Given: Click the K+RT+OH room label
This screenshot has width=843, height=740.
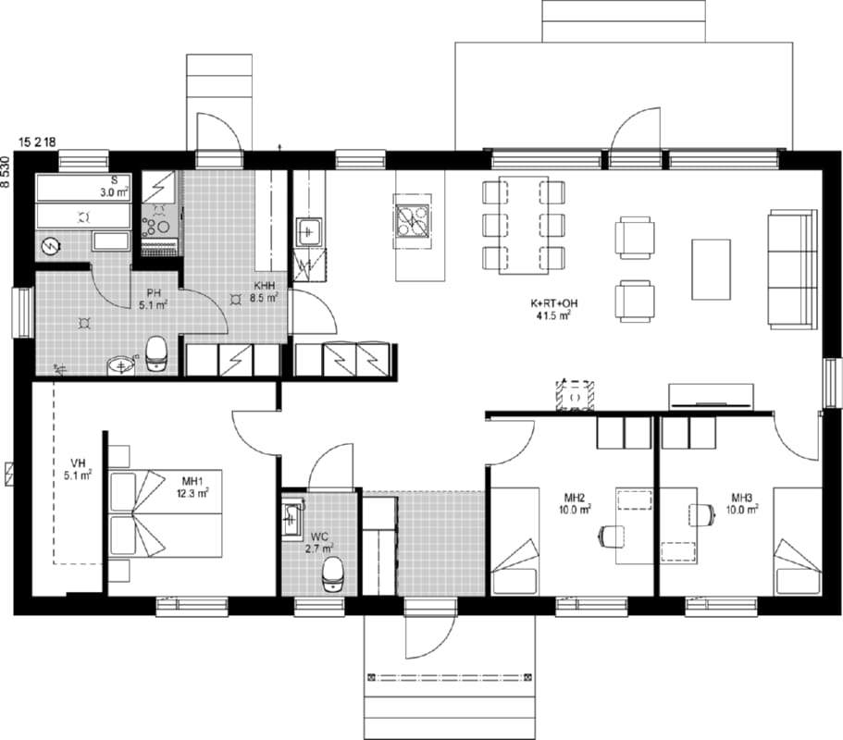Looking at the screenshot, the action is [x=553, y=303].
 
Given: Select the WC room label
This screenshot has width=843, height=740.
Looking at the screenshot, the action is [x=319, y=536].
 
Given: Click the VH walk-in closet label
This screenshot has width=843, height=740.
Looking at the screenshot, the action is [x=78, y=463].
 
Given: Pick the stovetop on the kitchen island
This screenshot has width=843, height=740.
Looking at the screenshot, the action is [x=413, y=221].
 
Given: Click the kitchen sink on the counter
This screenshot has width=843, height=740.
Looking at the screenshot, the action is [x=308, y=232].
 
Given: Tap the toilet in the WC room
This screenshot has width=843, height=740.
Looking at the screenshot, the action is [x=333, y=574].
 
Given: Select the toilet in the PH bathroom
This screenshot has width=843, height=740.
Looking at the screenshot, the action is [x=157, y=353].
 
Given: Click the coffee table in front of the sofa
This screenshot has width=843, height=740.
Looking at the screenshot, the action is [x=711, y=269].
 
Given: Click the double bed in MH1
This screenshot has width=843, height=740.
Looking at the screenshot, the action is [x=166, y=513].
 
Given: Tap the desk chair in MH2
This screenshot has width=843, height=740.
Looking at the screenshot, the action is [x=612, y=536].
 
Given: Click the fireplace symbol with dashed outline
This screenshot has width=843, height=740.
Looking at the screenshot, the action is [x=576, y=396].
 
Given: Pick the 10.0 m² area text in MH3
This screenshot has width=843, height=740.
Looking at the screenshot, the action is [x=742, y=509].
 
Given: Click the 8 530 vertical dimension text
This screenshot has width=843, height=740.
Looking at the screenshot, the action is [x=6, y=171].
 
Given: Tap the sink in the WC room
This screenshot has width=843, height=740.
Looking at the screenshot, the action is [x=292, y=516].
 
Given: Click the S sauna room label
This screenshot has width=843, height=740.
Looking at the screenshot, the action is [x=114, y=180].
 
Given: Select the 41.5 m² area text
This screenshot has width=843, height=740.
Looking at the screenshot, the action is [x=553, y=315].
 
